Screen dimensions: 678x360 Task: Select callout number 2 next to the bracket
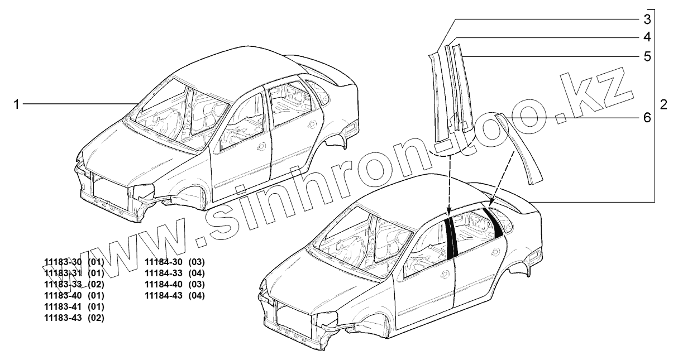pyautogui.click(x=663, y=104)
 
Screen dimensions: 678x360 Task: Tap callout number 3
pyautogui.click(x=647, y=20)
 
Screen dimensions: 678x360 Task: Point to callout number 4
pyautogui.click(x=647, y=37)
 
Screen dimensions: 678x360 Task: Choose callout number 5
pyautogui.click(x=647, y=56)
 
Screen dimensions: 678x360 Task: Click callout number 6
pyautogui.click(x=647, y=118)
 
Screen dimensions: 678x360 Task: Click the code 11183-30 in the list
pyautogui.click(x=63, y=262)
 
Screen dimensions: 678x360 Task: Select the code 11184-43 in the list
pyautogui.click(x=164, y=295)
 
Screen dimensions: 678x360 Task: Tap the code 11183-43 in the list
pyautogui.click(x=63, y=318)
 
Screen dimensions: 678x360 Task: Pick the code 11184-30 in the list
pyautogui.click(x=164, y=262)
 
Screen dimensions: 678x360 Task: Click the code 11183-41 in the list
pyautogui.click(x=63, y=306)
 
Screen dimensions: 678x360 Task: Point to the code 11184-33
pyautogui.click(x=164, y=273)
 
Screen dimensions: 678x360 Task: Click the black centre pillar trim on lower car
pyautogui.click(x=451, y=237)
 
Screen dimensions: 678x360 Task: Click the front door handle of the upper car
pyautogui.click(x=262, y=147)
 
